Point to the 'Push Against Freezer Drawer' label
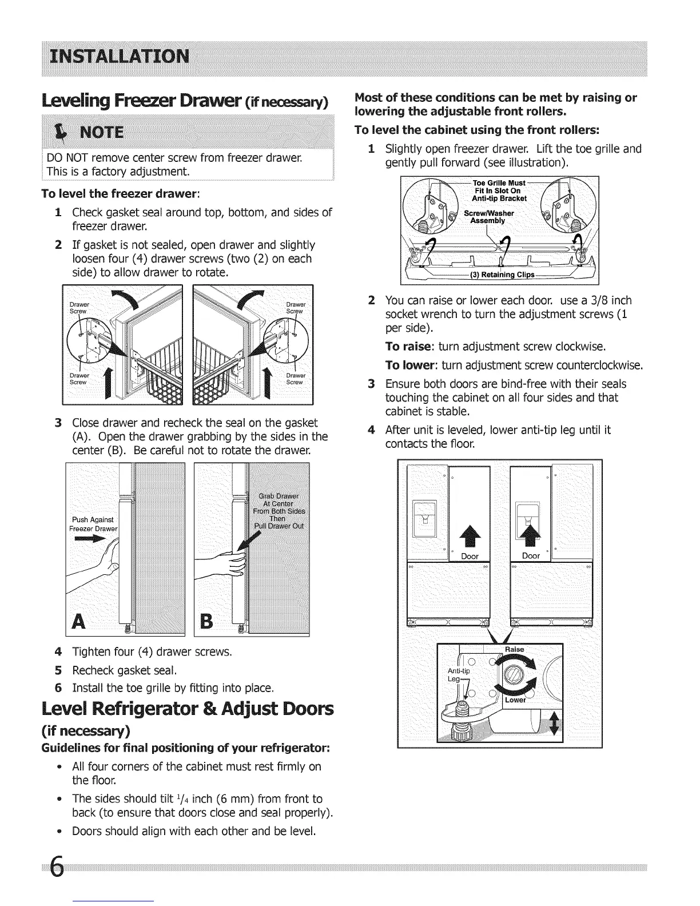94,524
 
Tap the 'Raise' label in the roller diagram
514,649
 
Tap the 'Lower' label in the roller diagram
515,700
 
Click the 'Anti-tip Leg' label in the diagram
459,674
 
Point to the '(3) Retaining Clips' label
502,274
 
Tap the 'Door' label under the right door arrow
531,555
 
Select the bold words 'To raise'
404,347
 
